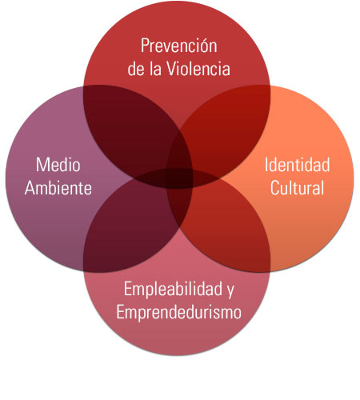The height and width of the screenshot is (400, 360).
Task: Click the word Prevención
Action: pyautogui.click(x=179, y=46)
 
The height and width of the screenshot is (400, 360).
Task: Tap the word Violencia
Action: pyautogui.click(x=198, y=69)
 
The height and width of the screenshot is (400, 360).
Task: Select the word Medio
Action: pyautogui.click(x=58, y=165)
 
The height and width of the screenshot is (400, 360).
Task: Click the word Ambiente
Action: pyautogui.click(x=58, y=188)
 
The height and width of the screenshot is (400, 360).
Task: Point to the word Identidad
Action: pyautogui.click(x=297, y=165)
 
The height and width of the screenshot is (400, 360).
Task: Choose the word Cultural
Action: pyautogui.click(x=297, y=188)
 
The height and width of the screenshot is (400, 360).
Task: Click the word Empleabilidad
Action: pyautogui.click(x=173, y=289)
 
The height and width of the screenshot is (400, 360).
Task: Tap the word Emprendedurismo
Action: pyautogui.click(x=179, y=312)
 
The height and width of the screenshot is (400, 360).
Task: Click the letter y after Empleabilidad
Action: pyautogui.click(x=230, y=291)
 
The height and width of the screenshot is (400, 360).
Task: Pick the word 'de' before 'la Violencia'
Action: pyautogui.click(x=136, y=69)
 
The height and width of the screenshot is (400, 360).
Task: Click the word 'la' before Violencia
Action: pyautogui.click(x=156, y=69)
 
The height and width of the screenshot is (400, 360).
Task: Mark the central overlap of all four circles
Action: pyautogui.click(x=179, y=178)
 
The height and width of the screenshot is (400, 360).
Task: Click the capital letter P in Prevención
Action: pyautogui.click(x=145, y=46)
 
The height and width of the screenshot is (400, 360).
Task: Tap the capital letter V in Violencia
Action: pyautogui.click(x=172, y=69)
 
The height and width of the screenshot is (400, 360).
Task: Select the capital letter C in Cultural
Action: pyautogui.click(x=274, y=188)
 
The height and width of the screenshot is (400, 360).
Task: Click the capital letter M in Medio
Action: pyautogui.click(x=42, y=165)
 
